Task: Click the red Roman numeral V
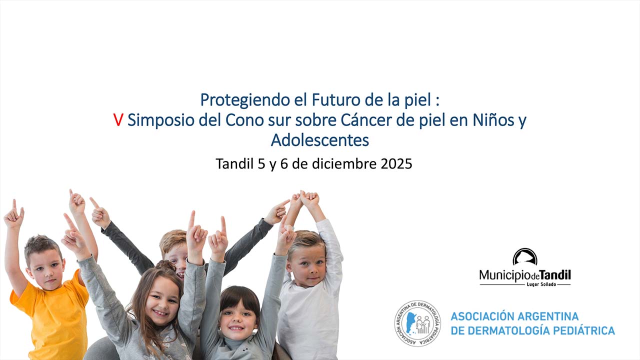click(x=118, y=120)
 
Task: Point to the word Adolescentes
click(x=319, y=140)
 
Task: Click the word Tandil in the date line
click(x=234, y=163)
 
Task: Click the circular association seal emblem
click(x=417, y=323)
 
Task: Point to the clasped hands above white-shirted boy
click(x=306, y=198)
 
